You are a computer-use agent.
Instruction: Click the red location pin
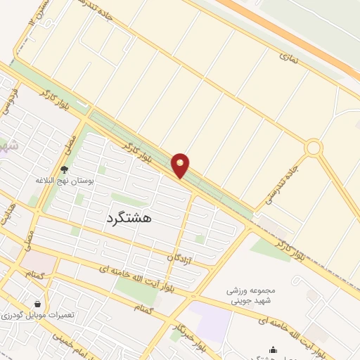tap(181, 165)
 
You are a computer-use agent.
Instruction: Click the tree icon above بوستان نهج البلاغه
tap(65, 169)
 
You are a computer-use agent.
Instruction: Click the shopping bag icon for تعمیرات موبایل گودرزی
tap(36, 304)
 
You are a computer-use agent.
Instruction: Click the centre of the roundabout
tap(314, 148)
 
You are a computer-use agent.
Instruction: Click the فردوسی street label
tap(13, 98)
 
